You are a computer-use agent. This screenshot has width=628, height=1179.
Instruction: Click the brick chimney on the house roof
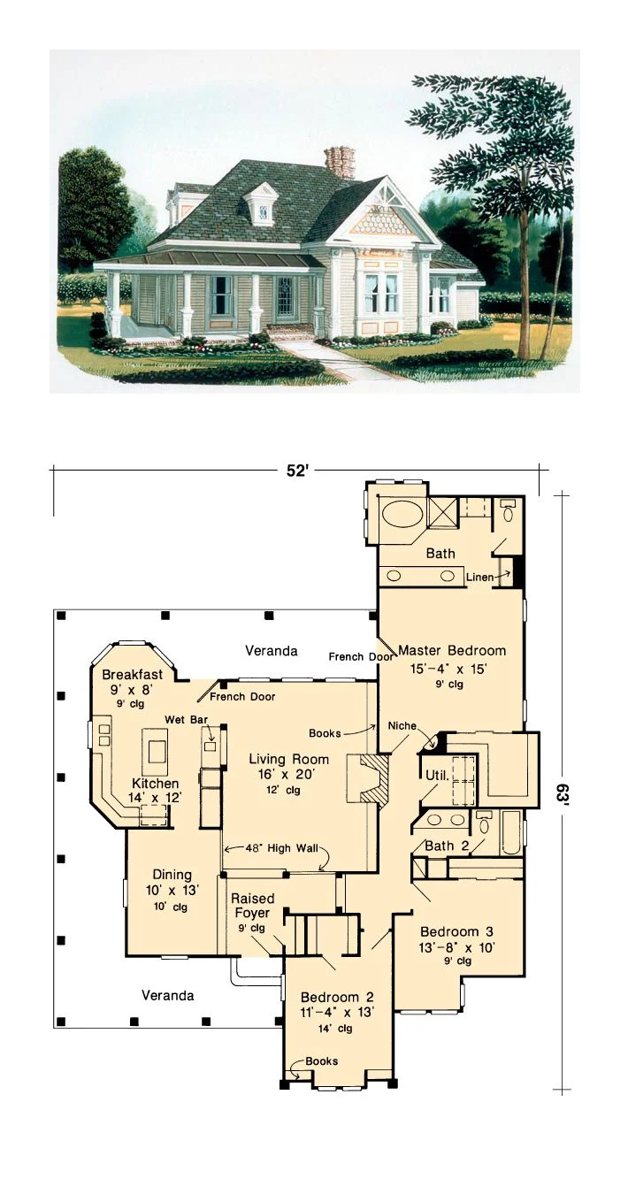[x=340, y=162]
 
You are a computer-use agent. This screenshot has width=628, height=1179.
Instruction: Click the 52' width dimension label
[x=297, y=471]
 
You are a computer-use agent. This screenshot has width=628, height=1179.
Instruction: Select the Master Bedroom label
[x=452, y=651]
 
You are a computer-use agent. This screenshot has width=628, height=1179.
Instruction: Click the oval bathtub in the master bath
[x=400, y=512]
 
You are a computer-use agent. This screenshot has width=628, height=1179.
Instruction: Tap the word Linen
[x=479, y=577]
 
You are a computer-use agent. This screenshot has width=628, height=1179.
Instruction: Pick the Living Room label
[x=288, y=759]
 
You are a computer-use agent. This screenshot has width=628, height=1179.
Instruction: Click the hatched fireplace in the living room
[x=368, y=779]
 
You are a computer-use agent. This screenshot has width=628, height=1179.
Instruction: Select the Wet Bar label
[x=186, y=719]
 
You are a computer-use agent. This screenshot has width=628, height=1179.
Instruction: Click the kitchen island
[x=157, y=749]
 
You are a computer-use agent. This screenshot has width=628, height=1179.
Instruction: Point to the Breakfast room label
[x=132, y=674]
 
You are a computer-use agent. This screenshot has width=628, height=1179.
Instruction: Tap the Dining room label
[x=172, y=874]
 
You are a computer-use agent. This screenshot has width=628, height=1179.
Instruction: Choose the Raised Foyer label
[x=253, y=906]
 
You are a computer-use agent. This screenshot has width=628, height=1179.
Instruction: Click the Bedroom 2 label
[x=337, y=997]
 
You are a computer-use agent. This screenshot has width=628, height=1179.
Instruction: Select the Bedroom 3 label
[x=456, y=931]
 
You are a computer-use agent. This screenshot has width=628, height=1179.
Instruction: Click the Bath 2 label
[x=447, y=846]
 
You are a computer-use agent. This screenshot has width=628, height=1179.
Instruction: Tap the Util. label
[x=437, y=775]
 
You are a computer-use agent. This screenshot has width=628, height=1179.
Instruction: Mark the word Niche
[x=402, y=726]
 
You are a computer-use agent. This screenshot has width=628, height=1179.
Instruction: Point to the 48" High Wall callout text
[x=281, y=848]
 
